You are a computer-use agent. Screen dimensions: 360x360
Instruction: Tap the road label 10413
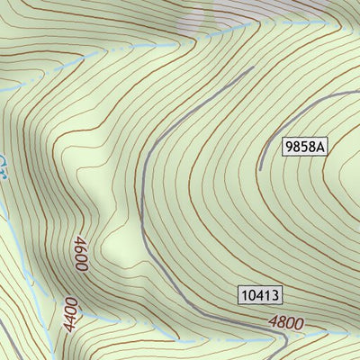pyautogui.click(x=261, y=293)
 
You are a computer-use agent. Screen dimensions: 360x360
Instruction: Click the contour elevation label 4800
pyautogui.click(x=285, y=322)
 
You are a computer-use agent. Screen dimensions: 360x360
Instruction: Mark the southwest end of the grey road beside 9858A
pyautogui.click(x=261, y=168)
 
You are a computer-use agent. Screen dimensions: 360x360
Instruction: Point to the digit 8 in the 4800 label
pyautogui.click(x=280, y=321)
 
